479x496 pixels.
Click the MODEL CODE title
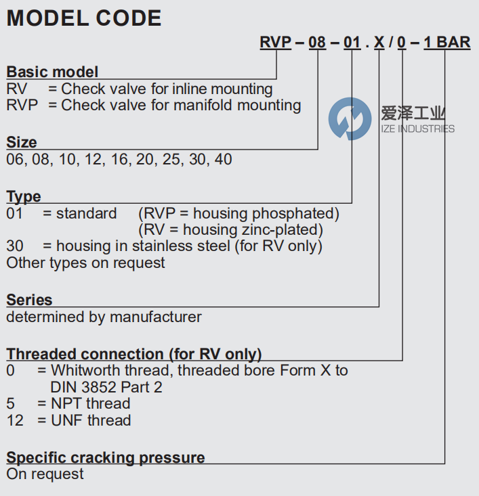[84, 18]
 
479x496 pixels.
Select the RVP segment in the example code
[275, 42]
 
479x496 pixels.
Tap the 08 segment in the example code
[317, 42]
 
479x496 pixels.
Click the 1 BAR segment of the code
[446, 42]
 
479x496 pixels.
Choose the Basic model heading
[52, 72]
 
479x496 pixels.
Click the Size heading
[22, 142]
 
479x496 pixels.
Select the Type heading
[24, 197]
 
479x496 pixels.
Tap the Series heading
[29, 300]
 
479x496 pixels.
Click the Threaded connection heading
[134, 354]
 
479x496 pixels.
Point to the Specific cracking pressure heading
[106, 457]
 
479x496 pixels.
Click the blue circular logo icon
[350, 118]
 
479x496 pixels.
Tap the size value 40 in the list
[223, 160]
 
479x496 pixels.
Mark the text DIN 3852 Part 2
[106, 388]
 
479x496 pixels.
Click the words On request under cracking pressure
[45, 474]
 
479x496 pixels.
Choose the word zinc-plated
[285, 230]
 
